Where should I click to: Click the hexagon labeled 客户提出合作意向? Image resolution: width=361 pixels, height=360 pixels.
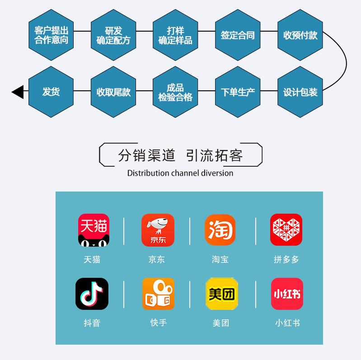[x=51, y=35]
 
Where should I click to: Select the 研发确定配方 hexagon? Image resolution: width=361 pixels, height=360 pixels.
[x=113, y=35]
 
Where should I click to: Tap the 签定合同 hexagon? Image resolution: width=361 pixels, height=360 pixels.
[x=238, y=35]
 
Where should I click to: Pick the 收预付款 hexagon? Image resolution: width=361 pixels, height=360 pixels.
[x=300, y=35]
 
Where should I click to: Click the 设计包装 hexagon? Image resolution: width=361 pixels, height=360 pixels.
[x=300, y=92]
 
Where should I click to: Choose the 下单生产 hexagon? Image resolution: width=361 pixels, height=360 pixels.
[x=238, y=92]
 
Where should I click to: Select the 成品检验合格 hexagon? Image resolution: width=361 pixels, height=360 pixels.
[x=175, y=92]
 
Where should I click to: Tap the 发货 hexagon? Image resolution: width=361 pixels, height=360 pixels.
[x=51, y=92]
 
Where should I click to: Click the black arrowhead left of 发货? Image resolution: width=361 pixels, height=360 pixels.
[x=18, y=92]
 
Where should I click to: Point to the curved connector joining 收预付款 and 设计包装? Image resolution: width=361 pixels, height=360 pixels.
[x=346, y=63]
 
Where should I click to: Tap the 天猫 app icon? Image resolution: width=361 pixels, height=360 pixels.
[x=94, y=230]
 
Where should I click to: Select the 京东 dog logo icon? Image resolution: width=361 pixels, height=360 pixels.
[x=158, y=230]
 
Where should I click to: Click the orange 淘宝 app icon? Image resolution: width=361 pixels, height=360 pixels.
[x=220, y=230]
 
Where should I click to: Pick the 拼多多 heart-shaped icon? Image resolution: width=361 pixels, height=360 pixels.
[x=286, y=230]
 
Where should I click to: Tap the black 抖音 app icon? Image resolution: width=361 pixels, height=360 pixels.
[x=92, y=294]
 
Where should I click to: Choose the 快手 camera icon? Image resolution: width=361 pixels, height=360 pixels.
[x=158, y=294]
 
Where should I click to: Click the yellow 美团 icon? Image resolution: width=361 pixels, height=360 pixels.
[x=221, y=294]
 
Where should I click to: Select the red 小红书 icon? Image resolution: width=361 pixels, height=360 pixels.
[x=287, y=294]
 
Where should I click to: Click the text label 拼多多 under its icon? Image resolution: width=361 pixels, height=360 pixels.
[x=286, y=259]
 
